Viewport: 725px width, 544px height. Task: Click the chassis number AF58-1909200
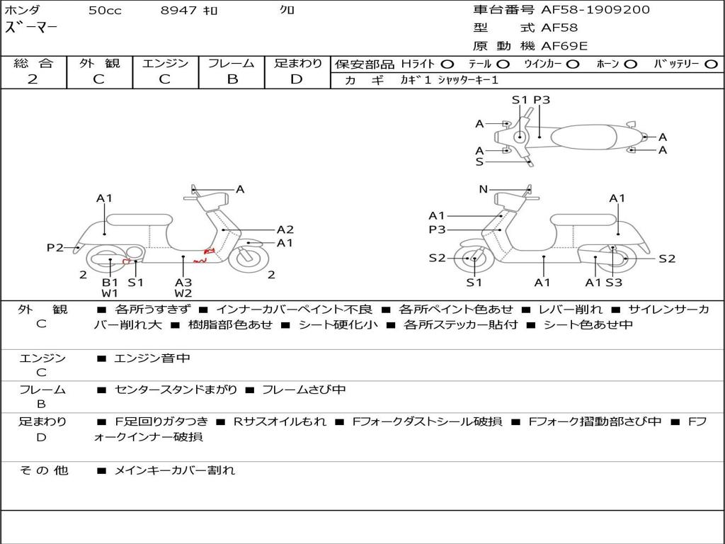pyautogui.click(x=595, y=10)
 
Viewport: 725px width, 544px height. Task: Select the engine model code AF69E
pyautogui.click(x=564, y=46)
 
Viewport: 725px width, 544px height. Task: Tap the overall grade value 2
pyautogui.click(x=33, y=79)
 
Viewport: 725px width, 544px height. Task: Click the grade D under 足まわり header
pyautogui.click(x=297, y=79)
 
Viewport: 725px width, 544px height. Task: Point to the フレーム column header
pyautogui.click(x=232, y=63)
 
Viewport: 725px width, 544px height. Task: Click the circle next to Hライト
pyautogui.click(x=447, y=64)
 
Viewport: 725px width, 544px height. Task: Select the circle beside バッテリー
pyautogui.click(x=711, y=64)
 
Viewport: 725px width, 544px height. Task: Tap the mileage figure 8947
pyautogui.click(x=178, y=10)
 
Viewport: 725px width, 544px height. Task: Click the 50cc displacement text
pyautogui.click(x=105, y=10)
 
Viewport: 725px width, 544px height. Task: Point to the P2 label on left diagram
pyautogui.click(x=55, y=247)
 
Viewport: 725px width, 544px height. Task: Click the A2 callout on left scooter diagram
pyautogui.click(x=285, y=229)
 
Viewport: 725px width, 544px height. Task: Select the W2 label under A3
pyautogui.click(x=183, y=293)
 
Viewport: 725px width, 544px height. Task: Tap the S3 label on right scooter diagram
pyautogui.click(x=614, y=282)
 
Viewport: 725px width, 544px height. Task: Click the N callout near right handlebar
pyautogui.click(x=483, y=189)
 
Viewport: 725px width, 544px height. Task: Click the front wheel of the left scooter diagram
pyautogui.click(x=249, y=259)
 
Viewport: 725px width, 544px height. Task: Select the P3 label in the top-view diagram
pyautogui.click(x=542, y=100)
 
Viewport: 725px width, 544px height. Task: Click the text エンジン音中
pyautogui.click(x=152, y=358)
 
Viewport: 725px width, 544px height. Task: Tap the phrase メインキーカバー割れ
pyautogui.click(x=174, y=470)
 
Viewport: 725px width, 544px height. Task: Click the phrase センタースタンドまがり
pyautogui.click(x=176, y=390)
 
